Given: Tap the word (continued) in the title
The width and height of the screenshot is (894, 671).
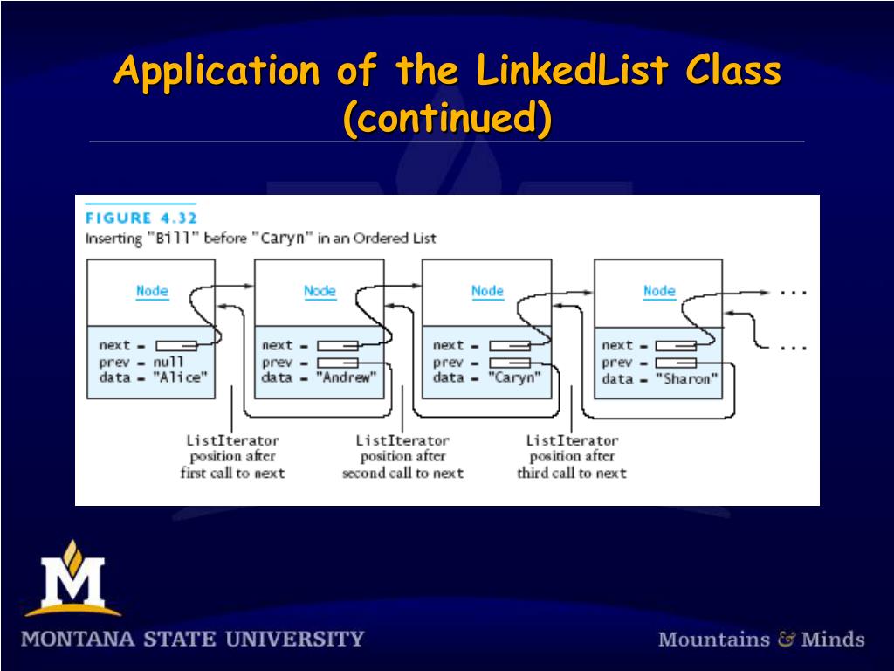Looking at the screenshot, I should coord(447,119).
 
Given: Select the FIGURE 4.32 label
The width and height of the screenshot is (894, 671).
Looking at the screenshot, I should coord(141,218).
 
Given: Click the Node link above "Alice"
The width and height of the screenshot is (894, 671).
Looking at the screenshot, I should coord(152,291).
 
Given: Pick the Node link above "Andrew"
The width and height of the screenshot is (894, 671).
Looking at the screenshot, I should coord(320,291).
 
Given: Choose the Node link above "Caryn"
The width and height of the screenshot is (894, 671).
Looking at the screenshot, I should coord(487,291).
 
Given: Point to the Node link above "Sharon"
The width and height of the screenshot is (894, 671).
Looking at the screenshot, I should coord(659,291).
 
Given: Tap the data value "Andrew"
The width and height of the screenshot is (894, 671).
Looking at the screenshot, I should coord(347,378).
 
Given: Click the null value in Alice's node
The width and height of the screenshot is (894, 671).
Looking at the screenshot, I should coord(168,362).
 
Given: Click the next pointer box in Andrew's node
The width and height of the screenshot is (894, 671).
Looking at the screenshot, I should coord(337,346).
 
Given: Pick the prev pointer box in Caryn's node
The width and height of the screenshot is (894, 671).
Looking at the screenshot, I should coord(509,363).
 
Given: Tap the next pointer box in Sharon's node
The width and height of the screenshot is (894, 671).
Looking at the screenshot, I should coord(675,346).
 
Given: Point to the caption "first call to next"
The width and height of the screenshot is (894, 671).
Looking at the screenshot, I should coord(232,473).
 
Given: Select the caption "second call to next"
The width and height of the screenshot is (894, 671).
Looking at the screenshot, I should coord(402,473).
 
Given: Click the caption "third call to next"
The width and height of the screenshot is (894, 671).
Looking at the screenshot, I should coord(572,473).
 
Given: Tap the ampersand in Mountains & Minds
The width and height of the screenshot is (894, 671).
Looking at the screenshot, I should coord(786,639).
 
